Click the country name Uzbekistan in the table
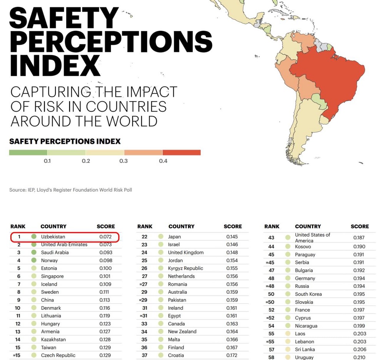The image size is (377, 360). pos(53,236)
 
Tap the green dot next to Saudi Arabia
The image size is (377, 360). pos(34,252)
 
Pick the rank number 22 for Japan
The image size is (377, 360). pos(144,236)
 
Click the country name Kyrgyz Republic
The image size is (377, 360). pos(185,268)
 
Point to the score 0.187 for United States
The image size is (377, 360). pos(359,238)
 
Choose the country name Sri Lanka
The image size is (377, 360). pos(305,349)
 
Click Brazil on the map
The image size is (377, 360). pos(327,77)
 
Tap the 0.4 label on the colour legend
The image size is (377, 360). pos(163,161)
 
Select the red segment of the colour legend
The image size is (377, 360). pos(181,152)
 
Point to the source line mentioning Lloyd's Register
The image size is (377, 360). pos(70,190)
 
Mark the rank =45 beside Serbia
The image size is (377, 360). pos(271,262)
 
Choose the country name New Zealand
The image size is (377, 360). pos(182,332)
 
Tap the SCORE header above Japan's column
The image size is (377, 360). pos(233,226)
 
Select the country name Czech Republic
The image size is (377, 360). pos(58,355)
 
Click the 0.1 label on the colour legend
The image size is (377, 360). pos(47,161)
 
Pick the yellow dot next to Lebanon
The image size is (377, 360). pos(287,341)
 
